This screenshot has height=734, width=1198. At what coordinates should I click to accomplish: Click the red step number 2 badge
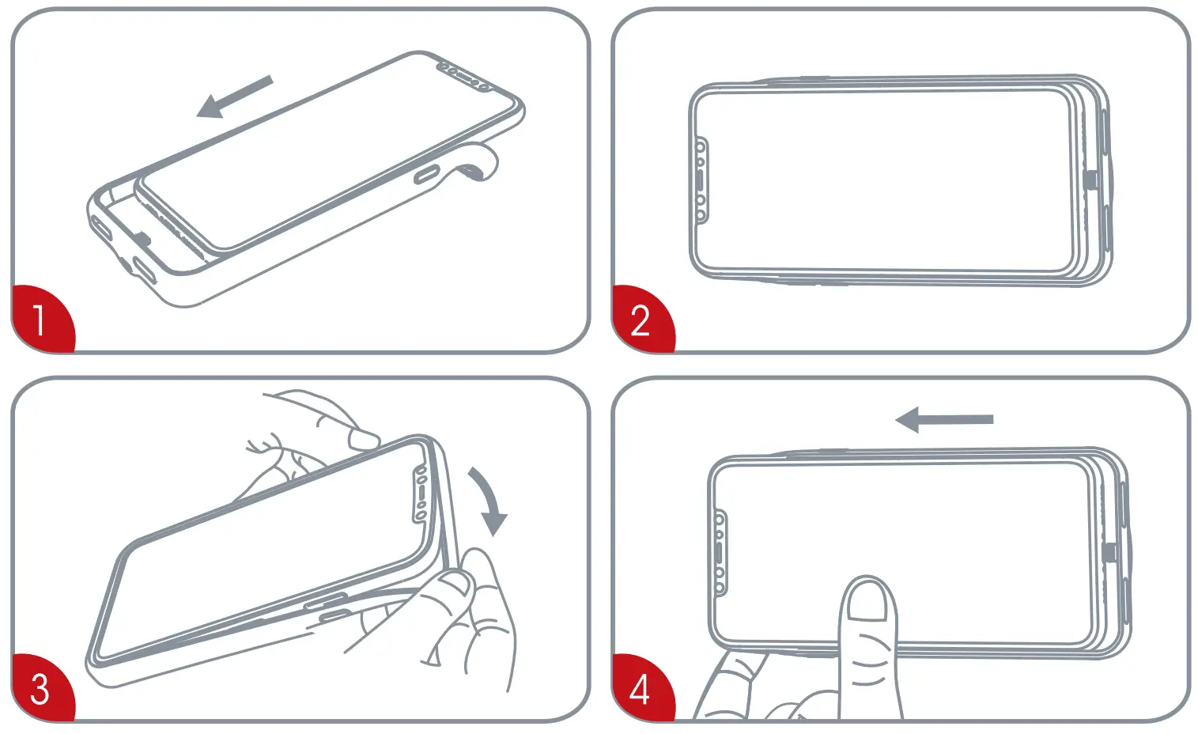641,320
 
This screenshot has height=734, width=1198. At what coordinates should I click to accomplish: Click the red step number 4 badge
641,688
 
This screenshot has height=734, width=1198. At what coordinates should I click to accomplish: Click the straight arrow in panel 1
235,96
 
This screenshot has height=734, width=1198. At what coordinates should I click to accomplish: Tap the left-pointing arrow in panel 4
943,420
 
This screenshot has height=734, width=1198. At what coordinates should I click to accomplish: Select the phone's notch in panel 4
720,553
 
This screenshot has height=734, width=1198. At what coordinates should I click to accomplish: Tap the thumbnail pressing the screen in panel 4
867,600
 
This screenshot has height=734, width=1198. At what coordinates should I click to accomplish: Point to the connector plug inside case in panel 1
143,236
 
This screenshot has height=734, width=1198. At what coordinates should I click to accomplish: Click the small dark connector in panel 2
1091,180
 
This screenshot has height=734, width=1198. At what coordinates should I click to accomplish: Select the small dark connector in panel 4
1109,551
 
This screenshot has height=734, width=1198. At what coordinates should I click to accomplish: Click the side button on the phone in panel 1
428,173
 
